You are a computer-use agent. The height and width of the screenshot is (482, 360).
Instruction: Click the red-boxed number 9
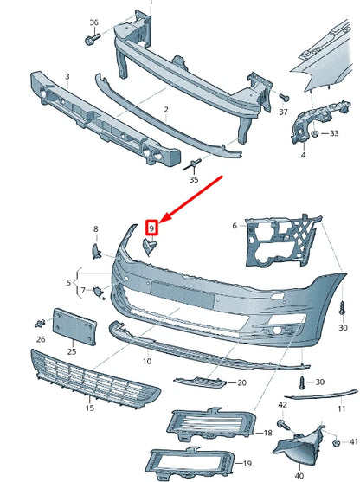pos(151,228)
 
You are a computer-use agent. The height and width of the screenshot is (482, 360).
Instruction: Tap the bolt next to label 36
pos(91,40)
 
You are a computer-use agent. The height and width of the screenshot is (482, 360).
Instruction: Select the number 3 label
pos(66,76)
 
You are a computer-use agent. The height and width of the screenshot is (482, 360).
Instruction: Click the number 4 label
pos(303,156)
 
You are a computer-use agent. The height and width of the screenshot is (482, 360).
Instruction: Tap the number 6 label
pos(233,226)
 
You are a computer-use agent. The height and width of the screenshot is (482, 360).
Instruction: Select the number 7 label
pos(83,291)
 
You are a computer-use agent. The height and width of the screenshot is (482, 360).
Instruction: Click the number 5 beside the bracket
pos(69,282)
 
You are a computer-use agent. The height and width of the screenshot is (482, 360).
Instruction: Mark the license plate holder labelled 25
pos(72,325)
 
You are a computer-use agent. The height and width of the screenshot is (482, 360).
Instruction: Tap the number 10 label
pos(146,359)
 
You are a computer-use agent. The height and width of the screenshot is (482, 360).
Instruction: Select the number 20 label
pos(241,382)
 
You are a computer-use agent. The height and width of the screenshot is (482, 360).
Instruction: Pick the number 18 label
pos(268,432)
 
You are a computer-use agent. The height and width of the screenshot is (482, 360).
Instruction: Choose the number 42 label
pos(282,404)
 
